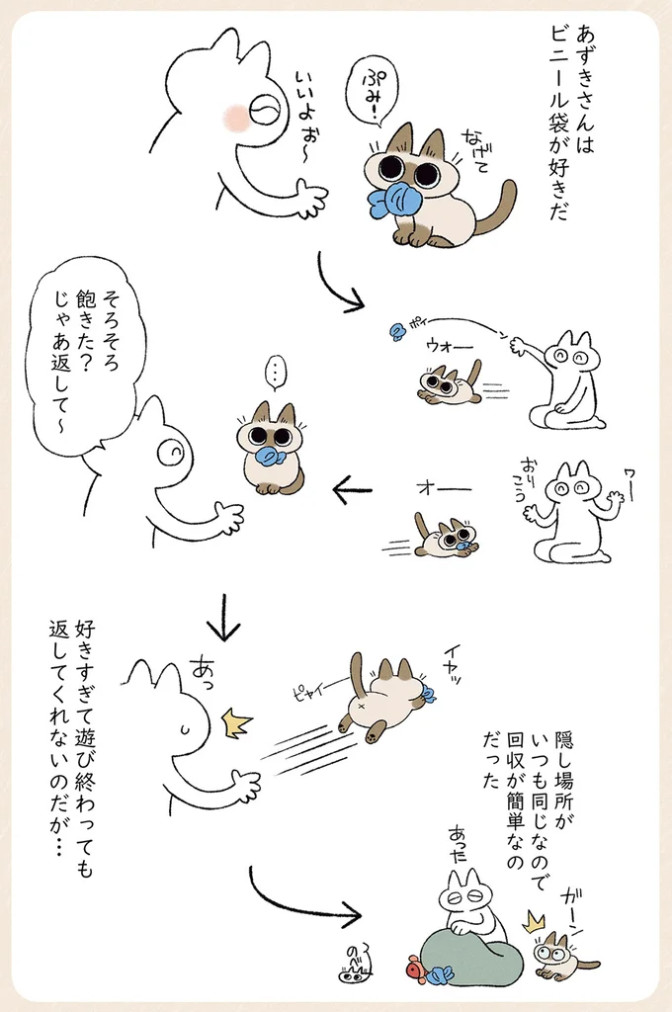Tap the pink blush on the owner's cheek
pos(236,116)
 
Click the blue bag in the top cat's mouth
pos(395,200)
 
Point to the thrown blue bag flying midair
pos(398,332)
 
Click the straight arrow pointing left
pos(353,490)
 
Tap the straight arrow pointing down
pos(223,617)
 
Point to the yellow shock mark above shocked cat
pos(536,921)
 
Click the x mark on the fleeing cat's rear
pos(360,706)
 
